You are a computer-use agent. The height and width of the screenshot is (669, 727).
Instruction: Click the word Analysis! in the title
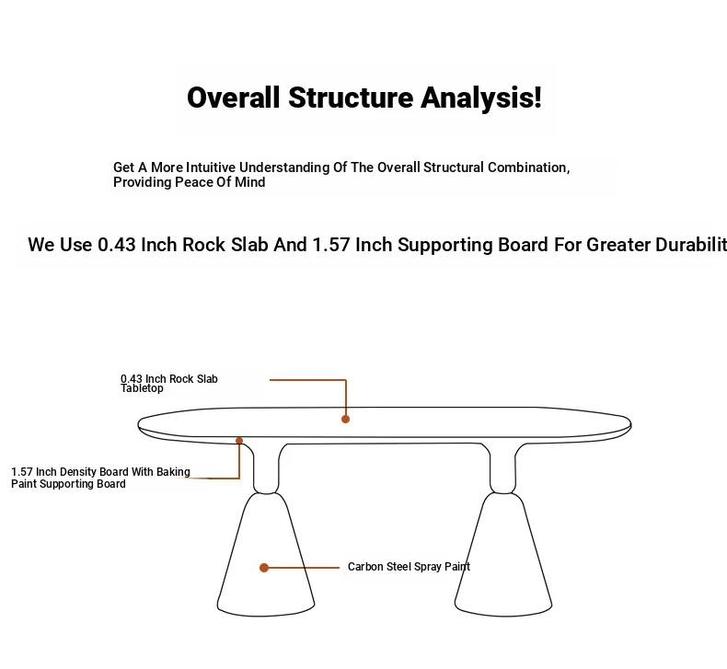480,98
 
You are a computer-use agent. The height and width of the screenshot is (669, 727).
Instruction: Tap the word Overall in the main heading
234,98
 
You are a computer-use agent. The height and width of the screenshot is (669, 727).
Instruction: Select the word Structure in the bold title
351,98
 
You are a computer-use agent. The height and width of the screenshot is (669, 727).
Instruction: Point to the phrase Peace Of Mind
220,182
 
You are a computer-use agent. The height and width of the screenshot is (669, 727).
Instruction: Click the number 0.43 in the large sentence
116,245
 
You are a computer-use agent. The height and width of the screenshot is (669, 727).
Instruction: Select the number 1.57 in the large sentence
331,245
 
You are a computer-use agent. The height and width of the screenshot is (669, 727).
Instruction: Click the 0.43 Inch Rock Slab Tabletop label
168,384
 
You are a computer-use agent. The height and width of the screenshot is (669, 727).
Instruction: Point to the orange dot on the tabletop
345,419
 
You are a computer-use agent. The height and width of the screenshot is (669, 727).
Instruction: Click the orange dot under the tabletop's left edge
239,441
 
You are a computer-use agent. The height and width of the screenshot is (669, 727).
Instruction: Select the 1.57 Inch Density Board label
100,478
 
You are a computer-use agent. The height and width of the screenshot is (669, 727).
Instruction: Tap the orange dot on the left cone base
264,568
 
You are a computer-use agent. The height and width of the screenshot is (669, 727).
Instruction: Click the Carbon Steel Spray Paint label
409,567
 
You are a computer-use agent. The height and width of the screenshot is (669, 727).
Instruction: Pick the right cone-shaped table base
503,555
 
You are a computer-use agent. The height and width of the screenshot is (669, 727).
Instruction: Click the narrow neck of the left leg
266,468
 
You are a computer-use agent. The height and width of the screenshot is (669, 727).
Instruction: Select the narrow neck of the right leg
503,468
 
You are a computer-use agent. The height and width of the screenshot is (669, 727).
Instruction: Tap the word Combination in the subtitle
528,167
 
